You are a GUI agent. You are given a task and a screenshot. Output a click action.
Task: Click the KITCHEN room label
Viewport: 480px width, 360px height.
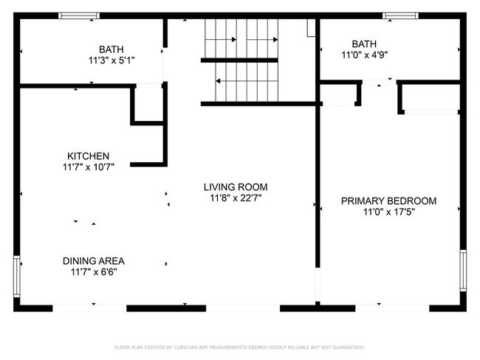click(88, 156)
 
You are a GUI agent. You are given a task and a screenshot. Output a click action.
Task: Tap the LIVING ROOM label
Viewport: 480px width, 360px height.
click(236, 187)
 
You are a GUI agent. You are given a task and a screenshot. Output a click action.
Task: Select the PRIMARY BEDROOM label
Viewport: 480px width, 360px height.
click(388, 201)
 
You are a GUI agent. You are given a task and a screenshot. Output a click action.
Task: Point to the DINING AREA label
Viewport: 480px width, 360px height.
click(94, 261)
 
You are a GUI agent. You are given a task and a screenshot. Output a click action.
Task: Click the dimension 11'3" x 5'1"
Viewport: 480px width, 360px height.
click(112, 60)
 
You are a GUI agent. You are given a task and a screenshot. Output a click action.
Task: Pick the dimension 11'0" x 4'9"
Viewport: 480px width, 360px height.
click(365, 55)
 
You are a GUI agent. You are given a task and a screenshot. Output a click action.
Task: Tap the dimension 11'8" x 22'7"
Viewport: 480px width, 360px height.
click(236, 198)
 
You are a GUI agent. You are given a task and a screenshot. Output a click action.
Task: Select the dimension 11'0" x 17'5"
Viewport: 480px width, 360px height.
click(388, 212)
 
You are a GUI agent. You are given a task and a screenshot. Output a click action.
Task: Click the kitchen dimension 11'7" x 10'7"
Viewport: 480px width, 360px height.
click(89, 167)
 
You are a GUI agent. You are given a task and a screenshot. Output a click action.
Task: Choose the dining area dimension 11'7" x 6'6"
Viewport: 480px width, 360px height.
click(94, 271)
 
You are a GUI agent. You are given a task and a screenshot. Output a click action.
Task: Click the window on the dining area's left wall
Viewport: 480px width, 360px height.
click(17, 276)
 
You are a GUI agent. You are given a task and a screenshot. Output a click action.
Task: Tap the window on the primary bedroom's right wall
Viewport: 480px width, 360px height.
click(463, 271)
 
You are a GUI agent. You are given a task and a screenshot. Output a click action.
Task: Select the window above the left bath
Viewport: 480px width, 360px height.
click(79, 15)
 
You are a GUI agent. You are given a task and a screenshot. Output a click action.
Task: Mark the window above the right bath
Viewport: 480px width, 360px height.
click(400, 15)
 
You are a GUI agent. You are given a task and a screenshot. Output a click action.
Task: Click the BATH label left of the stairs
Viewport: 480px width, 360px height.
click(112, 49)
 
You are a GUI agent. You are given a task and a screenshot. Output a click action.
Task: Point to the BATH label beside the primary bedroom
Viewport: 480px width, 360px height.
click(364, 44)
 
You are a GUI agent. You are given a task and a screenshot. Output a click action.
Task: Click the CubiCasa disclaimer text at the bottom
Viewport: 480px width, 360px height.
click(240, 347)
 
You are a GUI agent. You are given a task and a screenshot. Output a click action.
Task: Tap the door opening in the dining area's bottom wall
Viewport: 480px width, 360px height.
click(89, 308)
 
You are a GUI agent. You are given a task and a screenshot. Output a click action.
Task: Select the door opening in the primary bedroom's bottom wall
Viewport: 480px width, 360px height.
click(392, 308)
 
